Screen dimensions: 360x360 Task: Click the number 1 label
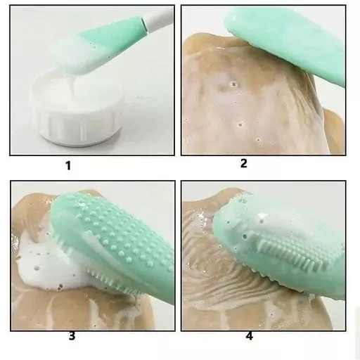coord(68,166)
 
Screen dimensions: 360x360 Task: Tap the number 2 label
coord(244,163)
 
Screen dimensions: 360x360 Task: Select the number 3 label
coord(72,336)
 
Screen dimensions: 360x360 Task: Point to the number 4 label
coord(250,336)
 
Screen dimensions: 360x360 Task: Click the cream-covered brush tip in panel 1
coord(70,56)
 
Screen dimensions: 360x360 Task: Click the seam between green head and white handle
coord(143,24)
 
